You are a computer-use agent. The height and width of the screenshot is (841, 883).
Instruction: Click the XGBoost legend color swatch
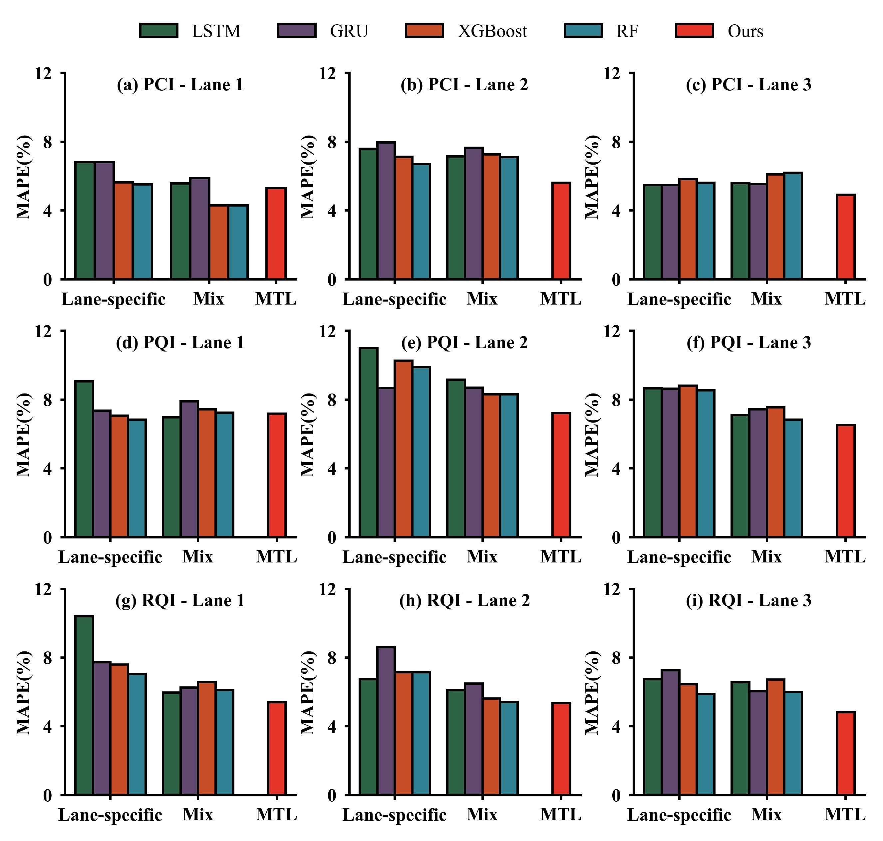[424, 30]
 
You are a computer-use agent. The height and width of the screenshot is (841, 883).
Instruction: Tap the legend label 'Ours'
[745, 31]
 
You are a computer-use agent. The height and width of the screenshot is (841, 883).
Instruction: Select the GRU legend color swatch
[297, 30]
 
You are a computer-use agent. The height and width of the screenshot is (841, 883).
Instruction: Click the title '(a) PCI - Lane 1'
[180, 84]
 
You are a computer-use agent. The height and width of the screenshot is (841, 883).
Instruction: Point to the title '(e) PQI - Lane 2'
[464, 342]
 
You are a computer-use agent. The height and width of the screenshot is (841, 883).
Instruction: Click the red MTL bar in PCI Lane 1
[276, 233]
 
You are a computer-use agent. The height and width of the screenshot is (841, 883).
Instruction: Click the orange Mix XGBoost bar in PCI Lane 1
[219, 242]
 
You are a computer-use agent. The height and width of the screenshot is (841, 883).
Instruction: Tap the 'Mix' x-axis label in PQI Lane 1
[197, 557]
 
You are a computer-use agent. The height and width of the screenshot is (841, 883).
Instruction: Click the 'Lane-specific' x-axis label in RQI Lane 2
[394, 815]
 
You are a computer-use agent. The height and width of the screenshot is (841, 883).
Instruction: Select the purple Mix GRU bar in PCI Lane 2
[473, 213]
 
